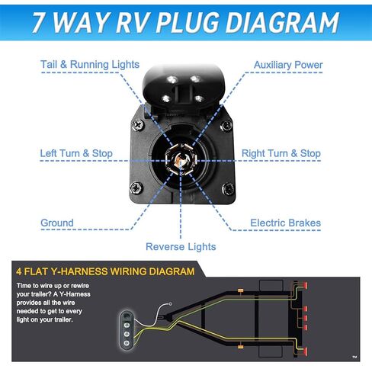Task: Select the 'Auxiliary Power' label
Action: click(x=287, y=65)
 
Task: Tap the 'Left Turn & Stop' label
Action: click(x=76, y=153)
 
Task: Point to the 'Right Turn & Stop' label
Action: click(x=281, y=153)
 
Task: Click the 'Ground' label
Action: click(x=57, y=223)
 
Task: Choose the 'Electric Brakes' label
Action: click(x=285, y=223)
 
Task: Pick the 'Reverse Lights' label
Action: click(x=181, y=246)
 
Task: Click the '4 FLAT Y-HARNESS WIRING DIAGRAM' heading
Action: click(x=104, y=271)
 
